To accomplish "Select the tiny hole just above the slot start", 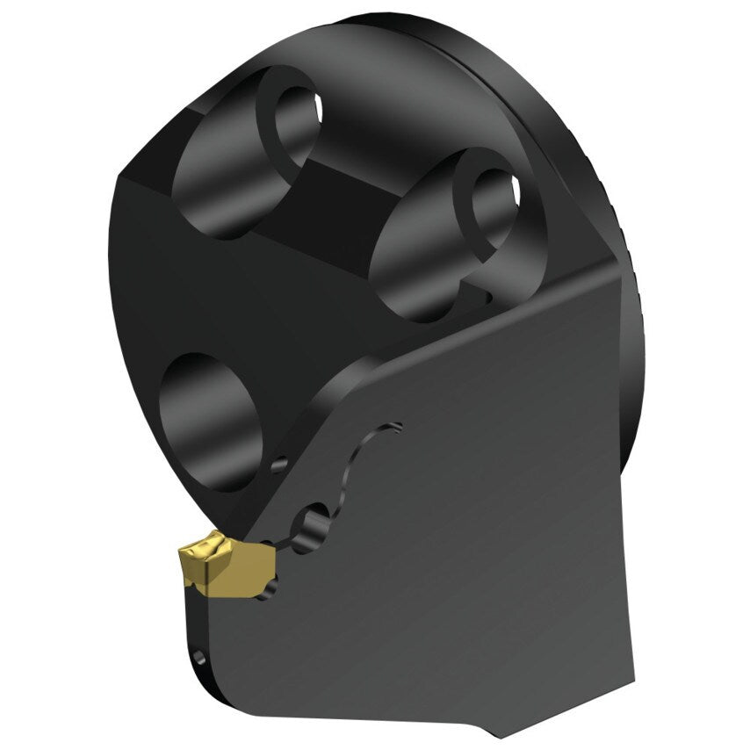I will [x=278, y=465].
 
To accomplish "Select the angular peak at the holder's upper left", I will [x=123, y=176].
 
